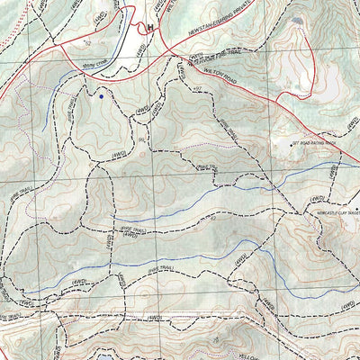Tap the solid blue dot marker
point(102,94)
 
